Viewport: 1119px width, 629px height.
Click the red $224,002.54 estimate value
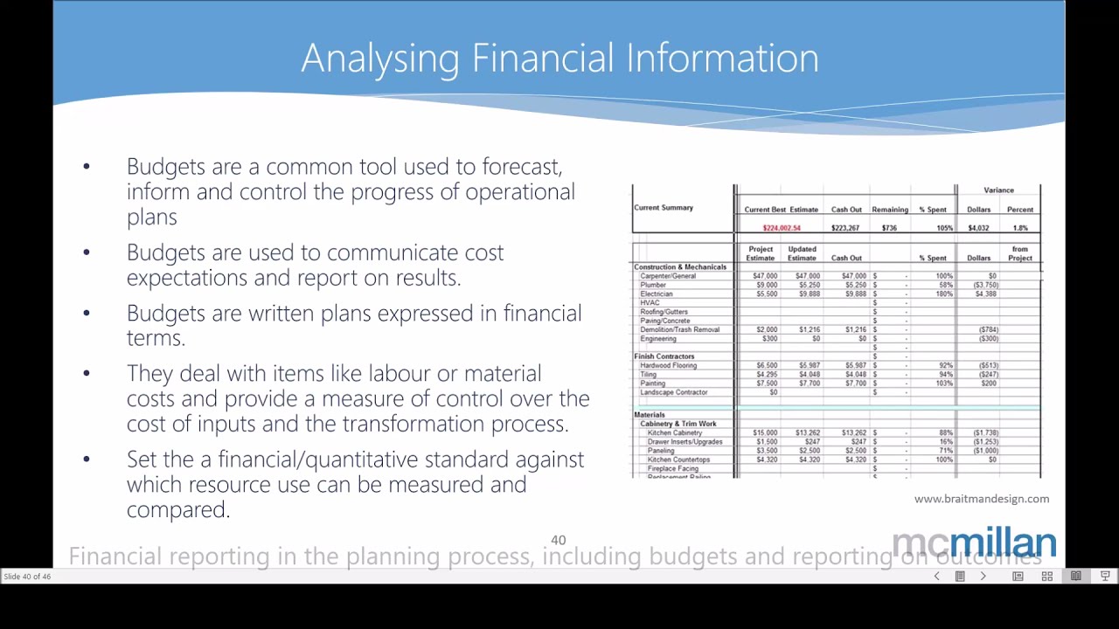pyautogui.click(x=782, y=228)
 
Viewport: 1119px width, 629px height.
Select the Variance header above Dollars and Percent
pyautogui.click(x=998, y=190)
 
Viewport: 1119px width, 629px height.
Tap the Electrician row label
pyautogui.click(x=657, y=294)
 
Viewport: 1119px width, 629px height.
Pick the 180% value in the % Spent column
pyautogui.click(x=943, y=294)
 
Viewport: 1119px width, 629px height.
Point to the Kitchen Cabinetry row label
pyautogui.click(x=674, y=433)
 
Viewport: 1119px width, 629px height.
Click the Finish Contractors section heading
pyautogui.click(x=664, y=356)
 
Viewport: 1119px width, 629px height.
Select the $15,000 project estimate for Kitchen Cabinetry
pyautogui.click(x=765, y=433)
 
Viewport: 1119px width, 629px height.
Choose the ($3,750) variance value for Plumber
pyautogui.click(x=985, y=286)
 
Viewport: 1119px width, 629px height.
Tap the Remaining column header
pyautogui.click(x=890, y=210)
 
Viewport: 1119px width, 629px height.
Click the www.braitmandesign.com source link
pyautogui.click(x=982, y=499)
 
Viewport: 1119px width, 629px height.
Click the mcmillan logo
pyautogui.click(x=974, y=544)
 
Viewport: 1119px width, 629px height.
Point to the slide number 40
pyautogui.click(x=559, y=540)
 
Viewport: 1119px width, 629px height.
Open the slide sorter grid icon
pyautogui.click(x=1046, y=577)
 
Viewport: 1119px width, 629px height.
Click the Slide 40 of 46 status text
pyautogui.click(x=27, y=577)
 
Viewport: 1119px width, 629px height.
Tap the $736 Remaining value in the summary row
pyautogui.click(x=890, y=228)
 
